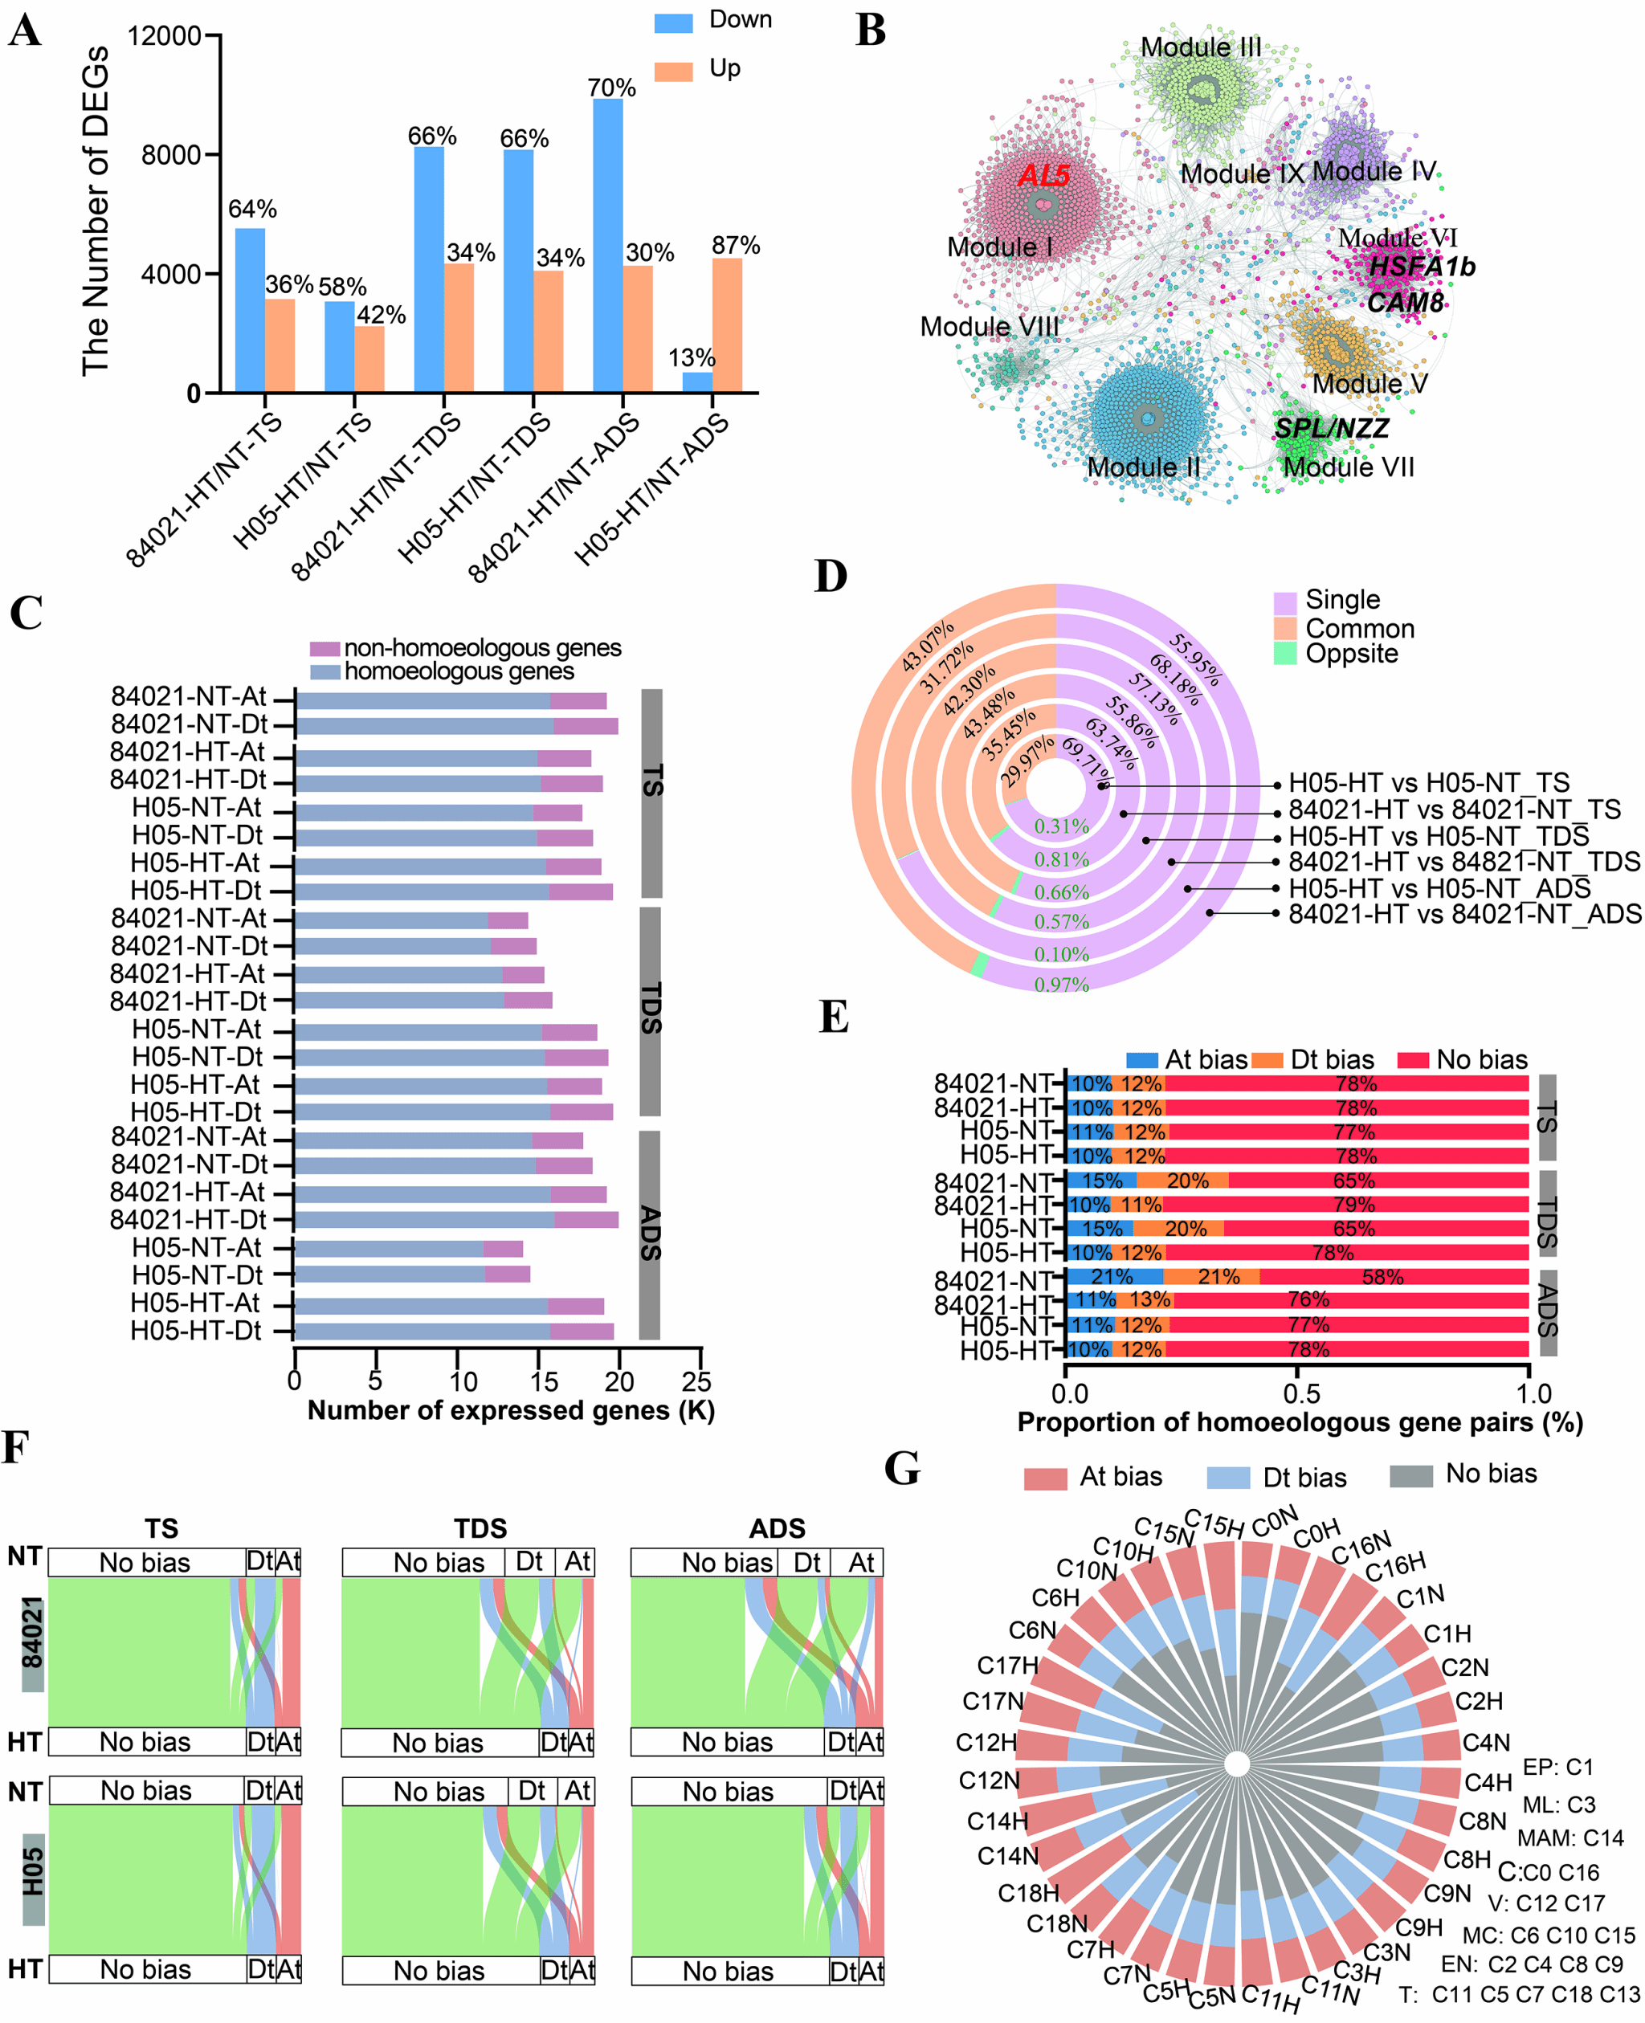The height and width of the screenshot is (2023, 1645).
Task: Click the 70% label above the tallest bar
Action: pyautogui.click(x=611, y=88)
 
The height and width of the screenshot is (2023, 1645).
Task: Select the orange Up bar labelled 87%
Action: pyautogui.click(x=727, y=325)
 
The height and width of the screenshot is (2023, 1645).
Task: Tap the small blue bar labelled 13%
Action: pyautogui.click(x=697, y=381)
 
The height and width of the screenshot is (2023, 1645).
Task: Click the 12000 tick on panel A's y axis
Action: pyautogui.click(x=164, y=36)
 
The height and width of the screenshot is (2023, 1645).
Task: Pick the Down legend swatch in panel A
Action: pyautogui.click(x=673, y=22)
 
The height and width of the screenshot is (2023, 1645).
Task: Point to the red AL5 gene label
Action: pyautogui.click(x=1043, y=175)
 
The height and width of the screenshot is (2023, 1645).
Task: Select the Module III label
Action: pyautogui.click(x=1200, y=47)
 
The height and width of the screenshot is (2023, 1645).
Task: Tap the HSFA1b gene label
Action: pyautogui.click(x=1422, y=267)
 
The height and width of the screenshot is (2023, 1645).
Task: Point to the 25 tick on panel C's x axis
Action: pyautogui.click(x=696, y=1381)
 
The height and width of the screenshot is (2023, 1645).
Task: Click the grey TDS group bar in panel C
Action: pyautogui.click(x=650, y=1011)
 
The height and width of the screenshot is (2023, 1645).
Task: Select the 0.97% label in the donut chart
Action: pyautogui.click(x=1061, y=985)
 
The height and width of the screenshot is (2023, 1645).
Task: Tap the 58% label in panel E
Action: pyautogui.click(x=1382, y=1276)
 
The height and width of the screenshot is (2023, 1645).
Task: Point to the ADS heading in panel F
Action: pyautogui.click(x=776, y=1528)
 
